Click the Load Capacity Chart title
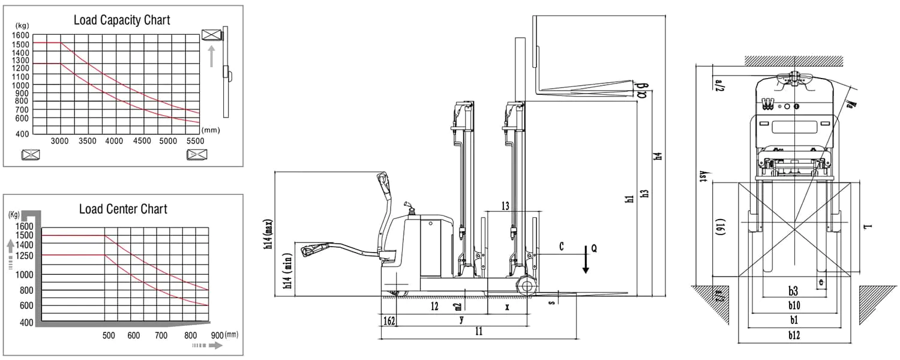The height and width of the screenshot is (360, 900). (x=122, y=20)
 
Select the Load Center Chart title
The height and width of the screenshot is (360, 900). (x=123, y=209)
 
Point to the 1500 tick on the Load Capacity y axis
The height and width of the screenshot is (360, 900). (x=20, y=43)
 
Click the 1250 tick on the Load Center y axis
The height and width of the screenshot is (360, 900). (x=25, y=256)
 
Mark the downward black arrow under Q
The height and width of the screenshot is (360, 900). (x=586, y=264)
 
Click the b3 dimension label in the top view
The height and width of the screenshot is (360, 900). (x=793, y=292)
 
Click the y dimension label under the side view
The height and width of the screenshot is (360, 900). (x=461, y=320)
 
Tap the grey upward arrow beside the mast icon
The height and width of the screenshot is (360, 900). (x=211, y=56)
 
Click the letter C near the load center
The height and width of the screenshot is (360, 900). (x=561, y=247)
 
